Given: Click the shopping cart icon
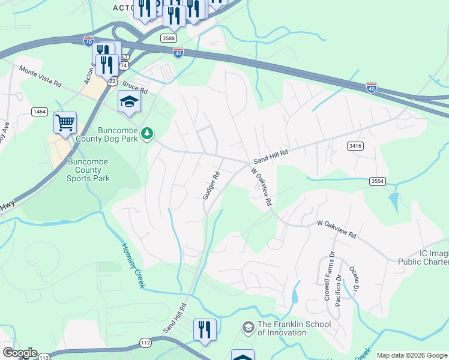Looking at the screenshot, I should coord(65,123).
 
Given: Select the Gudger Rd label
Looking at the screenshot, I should coord(211,185).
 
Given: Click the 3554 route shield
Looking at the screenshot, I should coord(378,181).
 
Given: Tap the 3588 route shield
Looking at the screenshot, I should coord(169,38).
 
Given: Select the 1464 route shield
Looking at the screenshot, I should coord(40,112).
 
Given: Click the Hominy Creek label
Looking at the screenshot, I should coord(133,265).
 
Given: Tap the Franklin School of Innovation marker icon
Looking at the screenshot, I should coord(247,328).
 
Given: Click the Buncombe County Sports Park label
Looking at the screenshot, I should coord(89,170).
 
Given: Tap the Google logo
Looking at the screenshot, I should coord(20,353).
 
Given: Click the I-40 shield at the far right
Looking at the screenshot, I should coord(372,88).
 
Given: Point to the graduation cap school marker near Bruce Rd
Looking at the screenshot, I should coord(129,103).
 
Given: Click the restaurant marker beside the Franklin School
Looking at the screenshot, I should coord(205,329).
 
